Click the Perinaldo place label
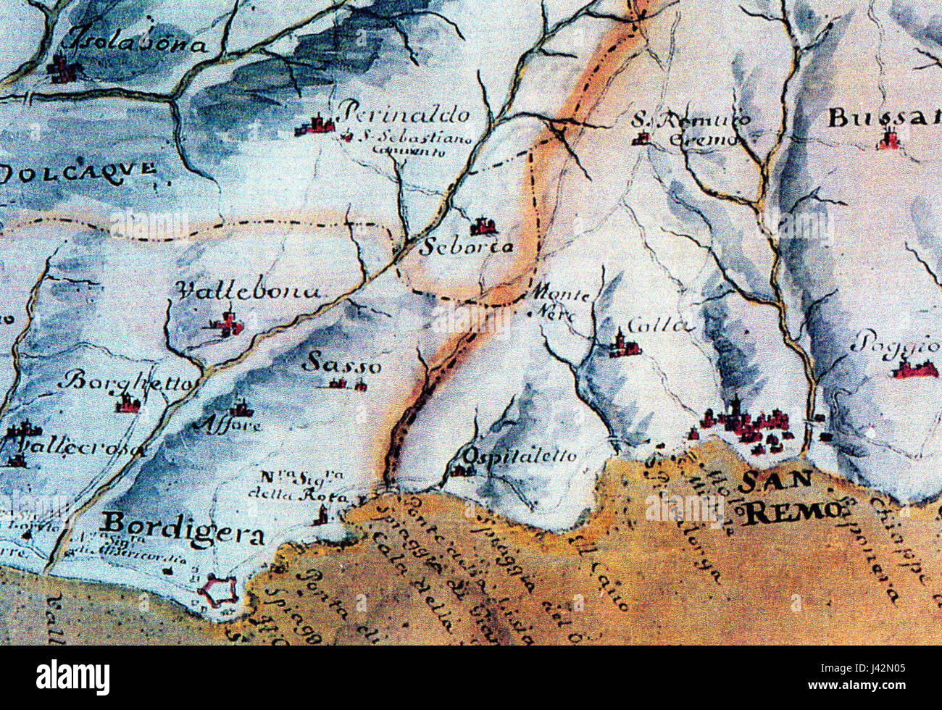[404, 114]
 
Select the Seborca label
[467, 247]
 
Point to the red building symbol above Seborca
[481, 227]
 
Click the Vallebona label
[249, 291]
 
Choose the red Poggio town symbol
[914, 369]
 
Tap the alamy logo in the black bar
[73, 678]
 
